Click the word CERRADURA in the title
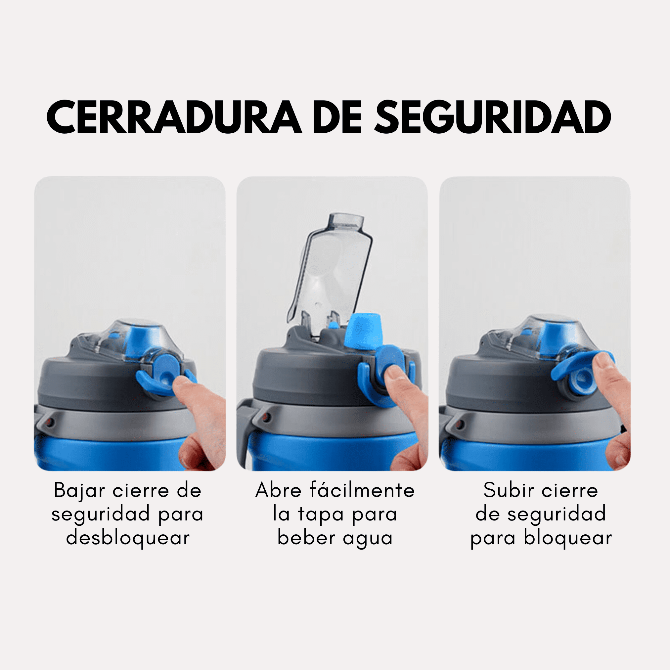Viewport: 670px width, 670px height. (174, 117)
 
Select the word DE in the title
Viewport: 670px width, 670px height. (337, 117)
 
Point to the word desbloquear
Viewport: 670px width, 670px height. (128, 538)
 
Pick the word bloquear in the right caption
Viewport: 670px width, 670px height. (568, 538)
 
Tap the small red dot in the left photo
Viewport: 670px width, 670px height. (49, 422)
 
